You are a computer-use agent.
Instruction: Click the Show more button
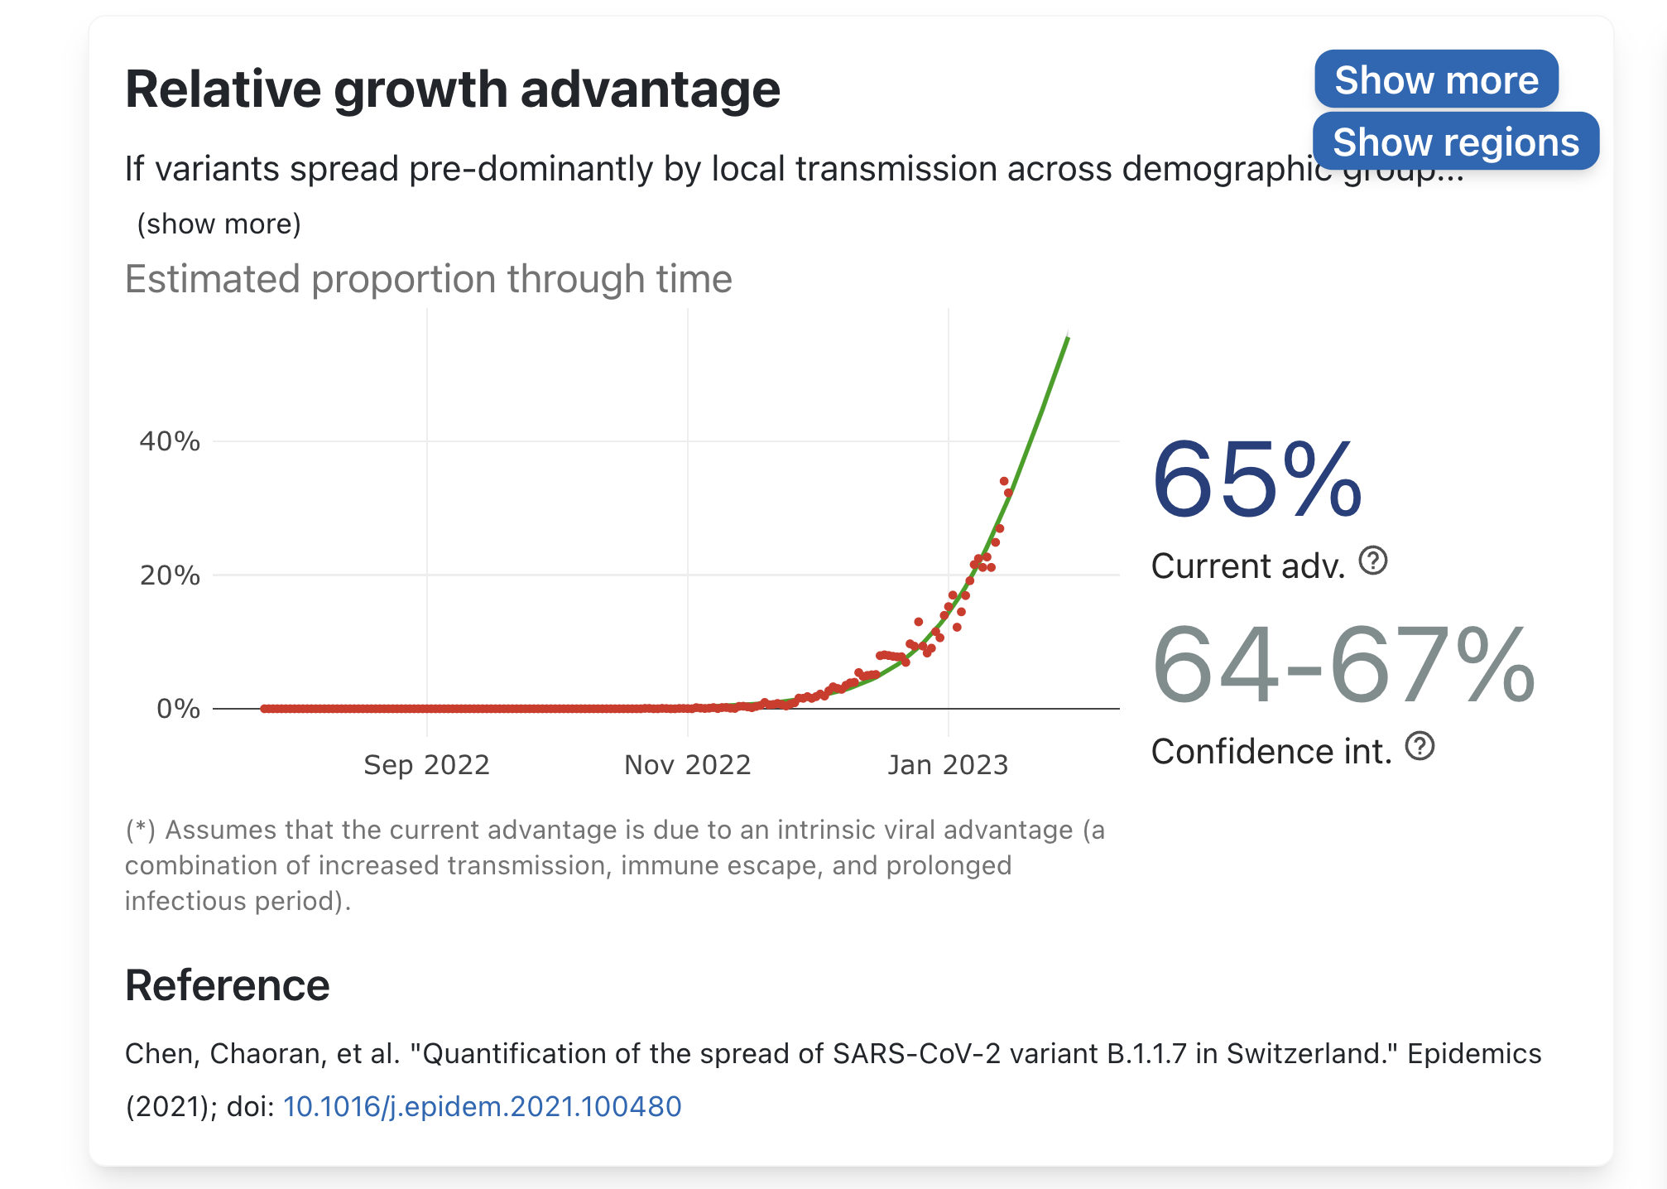click(1436, 79)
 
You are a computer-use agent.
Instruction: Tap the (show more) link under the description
click(219, 224)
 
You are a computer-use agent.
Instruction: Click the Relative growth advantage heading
click(453, 89)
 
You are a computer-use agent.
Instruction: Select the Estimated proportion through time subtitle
click(429, 279)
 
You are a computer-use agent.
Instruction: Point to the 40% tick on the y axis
click(170, 441)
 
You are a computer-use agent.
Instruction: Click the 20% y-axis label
click(170, 575)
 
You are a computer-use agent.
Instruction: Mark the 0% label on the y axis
click(178, 709)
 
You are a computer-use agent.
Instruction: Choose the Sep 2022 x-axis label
click(427, 765)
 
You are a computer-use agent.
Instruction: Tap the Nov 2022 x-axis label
click(688, 765)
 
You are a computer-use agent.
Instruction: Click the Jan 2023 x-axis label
click(949, 765)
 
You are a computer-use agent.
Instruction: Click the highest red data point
click(1004, 481)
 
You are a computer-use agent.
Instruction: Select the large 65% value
click(1256, 479)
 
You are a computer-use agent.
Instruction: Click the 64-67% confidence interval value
click(1343, 665)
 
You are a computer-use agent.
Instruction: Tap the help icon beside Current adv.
click(1373, 561)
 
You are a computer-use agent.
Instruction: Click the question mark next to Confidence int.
click(1420, 746)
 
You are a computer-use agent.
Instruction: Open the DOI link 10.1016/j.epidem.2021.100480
click(483, 1106)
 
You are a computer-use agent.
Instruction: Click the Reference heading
click(228, 985)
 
